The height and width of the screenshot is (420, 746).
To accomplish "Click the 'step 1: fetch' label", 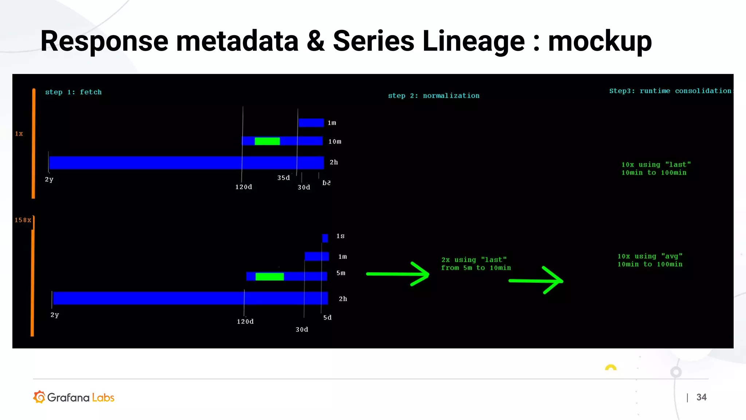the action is point(73,92).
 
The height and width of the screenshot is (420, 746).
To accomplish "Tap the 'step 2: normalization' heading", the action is point(433,96).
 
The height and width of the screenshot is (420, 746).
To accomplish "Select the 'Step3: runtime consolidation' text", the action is point(670,91).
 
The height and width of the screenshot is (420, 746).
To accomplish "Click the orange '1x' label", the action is point(19,134).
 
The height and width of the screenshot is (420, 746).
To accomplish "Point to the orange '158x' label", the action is point(23,220).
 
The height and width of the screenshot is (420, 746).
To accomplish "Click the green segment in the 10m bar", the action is point(267,141).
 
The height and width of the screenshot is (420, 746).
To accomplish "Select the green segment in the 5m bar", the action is point(270,277).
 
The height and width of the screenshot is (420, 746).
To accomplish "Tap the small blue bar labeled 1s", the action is point(325,238).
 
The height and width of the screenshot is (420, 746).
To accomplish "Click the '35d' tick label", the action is point(283,178).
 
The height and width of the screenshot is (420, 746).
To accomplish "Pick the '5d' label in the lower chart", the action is point(327,318).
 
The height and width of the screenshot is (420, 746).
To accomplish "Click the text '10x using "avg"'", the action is point(650,256).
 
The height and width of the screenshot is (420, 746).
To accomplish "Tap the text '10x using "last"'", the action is point(656,165).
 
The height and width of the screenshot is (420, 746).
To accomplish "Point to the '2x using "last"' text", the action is point(474,260).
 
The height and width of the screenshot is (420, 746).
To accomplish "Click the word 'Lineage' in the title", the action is point(473,41).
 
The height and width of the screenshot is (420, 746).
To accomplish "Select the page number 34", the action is point(701,397).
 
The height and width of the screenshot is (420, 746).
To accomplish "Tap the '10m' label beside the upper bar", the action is point(335,141).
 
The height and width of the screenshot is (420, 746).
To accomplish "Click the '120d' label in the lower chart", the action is point(245,322).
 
